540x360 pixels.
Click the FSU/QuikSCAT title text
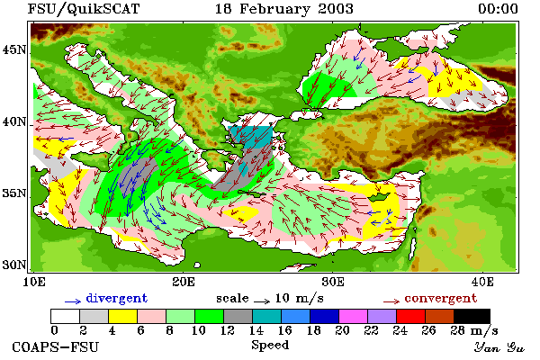coord(84,9)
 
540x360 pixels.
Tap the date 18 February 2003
coord(284,9)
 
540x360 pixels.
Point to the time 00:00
coord(498,9)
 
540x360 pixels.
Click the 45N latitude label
coord(14,50)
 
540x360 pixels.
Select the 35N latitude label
coord(14,193)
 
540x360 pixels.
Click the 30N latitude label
coord(14,265)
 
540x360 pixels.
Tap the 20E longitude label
coord(184,282)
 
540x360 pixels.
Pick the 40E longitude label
coord(482,282)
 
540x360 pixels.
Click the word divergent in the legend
coord(117,298)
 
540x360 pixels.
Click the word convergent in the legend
coord(441,298)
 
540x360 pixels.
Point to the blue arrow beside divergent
coord(73,301)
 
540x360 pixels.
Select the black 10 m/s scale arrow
coord(262,301)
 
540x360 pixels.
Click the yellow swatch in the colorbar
coord(122,316)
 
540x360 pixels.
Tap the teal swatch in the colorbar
coord(266,316)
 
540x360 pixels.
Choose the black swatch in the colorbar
coord(472,316)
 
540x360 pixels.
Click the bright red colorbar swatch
coord(410,316)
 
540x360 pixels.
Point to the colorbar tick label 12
coord(228,330)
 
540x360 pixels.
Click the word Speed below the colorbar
coord(270,346)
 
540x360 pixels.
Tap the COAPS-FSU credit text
coord(56,346)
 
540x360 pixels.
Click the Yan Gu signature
coord(499,347)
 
